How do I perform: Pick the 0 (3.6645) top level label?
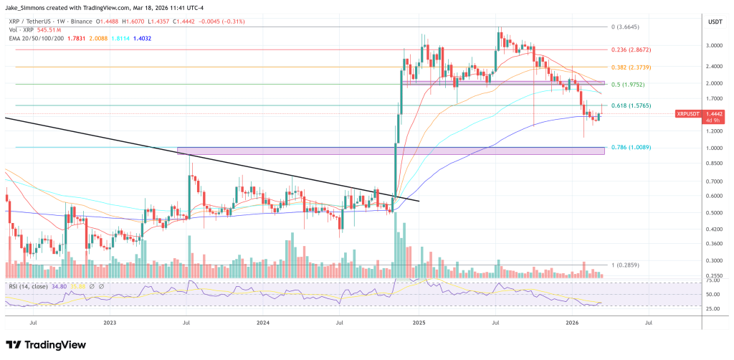(x=631, y=27)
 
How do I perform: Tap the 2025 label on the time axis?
(x=419, y=323)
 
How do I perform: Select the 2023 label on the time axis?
(x=110, y=323)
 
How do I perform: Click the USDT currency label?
(x=715, y=22)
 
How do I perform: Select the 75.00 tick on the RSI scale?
(x=712, y=283)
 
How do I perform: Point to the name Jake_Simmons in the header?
(x=28, y=8)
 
